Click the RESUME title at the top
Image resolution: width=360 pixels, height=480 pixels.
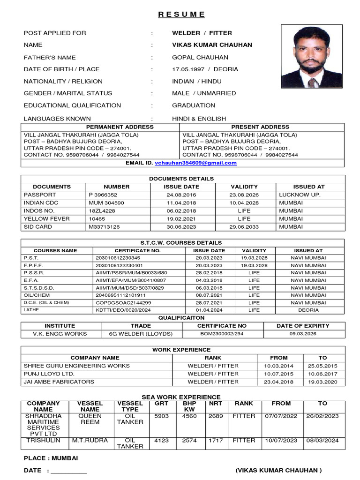point(181,14)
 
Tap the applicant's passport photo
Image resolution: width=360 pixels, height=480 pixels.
point(312,57)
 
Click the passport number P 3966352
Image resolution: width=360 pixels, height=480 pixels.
point(103,195)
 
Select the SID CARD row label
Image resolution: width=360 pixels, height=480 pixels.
point(38,227)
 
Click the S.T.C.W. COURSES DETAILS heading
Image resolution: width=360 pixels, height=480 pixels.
point(181,243)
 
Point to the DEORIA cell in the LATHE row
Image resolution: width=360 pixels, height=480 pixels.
point(308,310)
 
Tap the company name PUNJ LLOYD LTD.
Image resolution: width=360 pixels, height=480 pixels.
point(49,374)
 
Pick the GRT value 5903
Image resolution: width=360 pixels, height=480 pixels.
point(161,416)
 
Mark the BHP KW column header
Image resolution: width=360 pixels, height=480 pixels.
point(189,407)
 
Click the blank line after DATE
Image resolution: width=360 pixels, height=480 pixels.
point(69,471)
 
